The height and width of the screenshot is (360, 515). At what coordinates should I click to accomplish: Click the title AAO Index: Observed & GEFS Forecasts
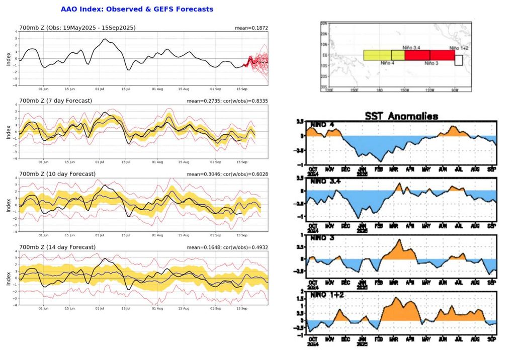click(137, 9)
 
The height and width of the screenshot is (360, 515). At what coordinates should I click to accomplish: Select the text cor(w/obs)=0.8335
click(244, 101)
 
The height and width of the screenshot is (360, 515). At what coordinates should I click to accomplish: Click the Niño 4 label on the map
click(387, 63)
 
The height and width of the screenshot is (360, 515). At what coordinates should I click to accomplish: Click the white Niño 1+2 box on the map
click(458, 60)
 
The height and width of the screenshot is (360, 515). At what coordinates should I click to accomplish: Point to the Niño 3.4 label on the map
click(411, 47)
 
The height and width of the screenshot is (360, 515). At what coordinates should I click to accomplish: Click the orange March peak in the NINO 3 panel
click(399, 241)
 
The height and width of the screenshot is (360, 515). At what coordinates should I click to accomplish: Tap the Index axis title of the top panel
click(8, 59)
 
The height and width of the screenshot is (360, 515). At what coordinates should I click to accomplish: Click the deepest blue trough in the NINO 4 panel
click(379, 160)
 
